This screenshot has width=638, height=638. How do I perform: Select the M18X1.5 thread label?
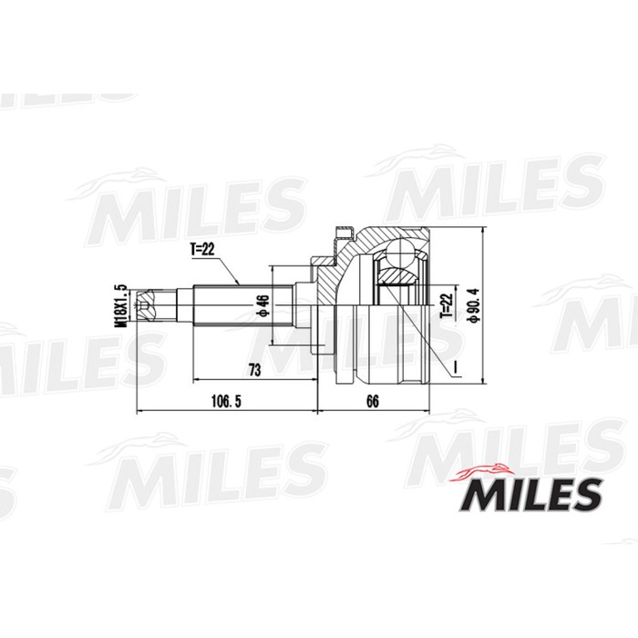tap(118, 304)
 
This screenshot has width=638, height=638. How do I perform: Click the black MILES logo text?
tap(532, 497)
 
